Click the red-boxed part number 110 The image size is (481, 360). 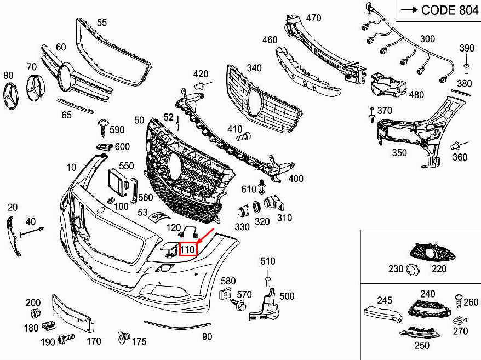pyautogui.click(x=188, y=250)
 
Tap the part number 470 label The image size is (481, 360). pyautogui.click(x=313, y=18)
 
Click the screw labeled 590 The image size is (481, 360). pyautogui.click(x=102, y=127)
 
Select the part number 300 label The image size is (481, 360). pyautogui.click(x=427, y=39)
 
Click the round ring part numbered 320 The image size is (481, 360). pyautogui.click(x=256, y=208)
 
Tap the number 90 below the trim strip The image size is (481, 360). pyautogui.click(x=207, y=336)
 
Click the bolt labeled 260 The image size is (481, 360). pyautogui.click(x=458, y=301)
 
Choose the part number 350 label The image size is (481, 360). pyautogui.click(x=399, y=153)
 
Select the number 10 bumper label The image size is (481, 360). pyautogui.click(x=72, y=167)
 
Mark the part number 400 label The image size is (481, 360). pyautogui.click(x=295, y=179)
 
